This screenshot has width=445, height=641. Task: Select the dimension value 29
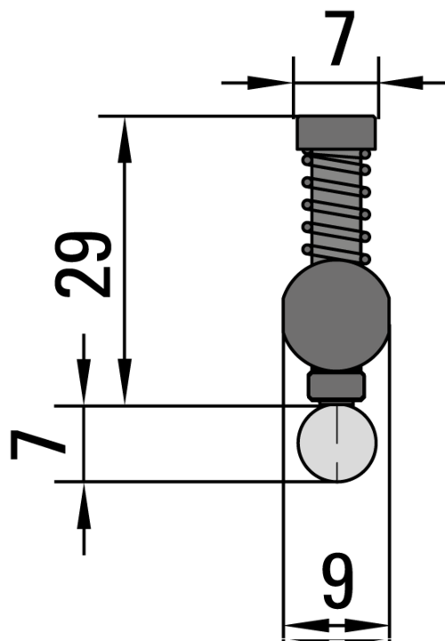[84, 264]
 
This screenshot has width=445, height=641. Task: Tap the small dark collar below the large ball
[336, 387]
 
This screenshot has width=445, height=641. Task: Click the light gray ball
[337, 443]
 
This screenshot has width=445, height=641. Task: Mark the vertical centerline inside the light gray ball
[337, 443]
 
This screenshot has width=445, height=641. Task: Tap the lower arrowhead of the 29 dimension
[125, 390]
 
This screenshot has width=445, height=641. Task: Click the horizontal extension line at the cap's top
[196, 116]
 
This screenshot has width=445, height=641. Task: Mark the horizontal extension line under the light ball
[178, 482]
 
